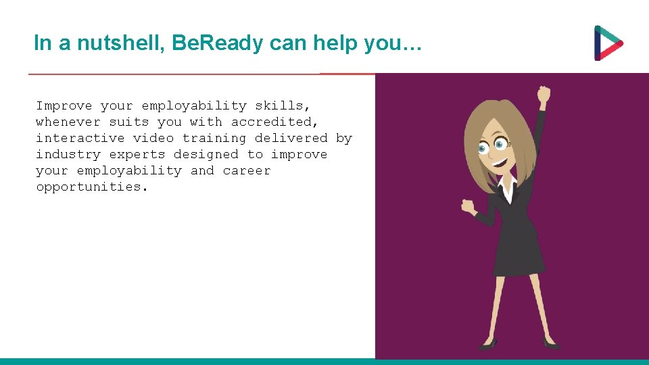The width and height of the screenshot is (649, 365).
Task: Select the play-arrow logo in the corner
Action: tap(608, 43)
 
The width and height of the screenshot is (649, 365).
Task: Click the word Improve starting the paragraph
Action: tap(64, 105)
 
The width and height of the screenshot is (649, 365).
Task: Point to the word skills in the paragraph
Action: tap(282, 105)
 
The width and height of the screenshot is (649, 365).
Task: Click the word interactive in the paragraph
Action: tap(80, 138)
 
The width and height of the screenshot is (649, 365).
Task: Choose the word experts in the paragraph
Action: tap(137, 154)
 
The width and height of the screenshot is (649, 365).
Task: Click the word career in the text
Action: tap(246, 170)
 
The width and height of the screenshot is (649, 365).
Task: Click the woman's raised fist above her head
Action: tap(544, 94)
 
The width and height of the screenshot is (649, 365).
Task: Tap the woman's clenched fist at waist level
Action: tap(468, 205)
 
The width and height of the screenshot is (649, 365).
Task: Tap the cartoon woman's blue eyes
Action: tap(492, 145)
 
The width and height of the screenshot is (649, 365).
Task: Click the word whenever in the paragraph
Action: tap(68, 122)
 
